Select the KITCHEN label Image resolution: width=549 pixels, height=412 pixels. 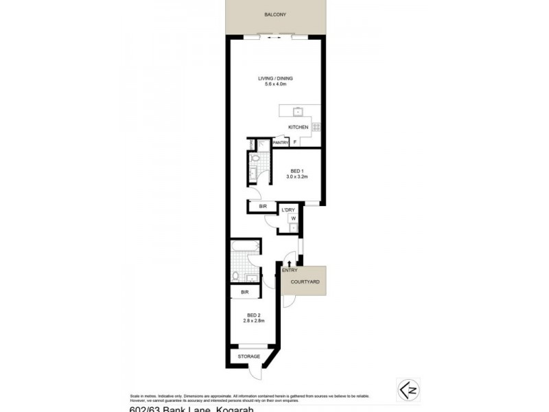click(x=298, y=128)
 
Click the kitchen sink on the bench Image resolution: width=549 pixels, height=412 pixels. click(x=297, y=111)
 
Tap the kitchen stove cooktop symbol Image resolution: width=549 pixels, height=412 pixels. click(x=316, y=126)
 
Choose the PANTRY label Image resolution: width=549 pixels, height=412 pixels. click(x=280, y=143)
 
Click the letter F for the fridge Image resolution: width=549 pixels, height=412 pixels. click(x=295, y=143)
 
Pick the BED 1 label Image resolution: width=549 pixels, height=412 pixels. click(x=296, y=170)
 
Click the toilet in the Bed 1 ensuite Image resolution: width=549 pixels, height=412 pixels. click(x=255, y=159)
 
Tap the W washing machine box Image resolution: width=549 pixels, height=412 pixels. click(x=293, y=218)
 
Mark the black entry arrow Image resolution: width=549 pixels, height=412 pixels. click(x=290, y=263)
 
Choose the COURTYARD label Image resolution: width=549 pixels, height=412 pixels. click(x=303, y=282)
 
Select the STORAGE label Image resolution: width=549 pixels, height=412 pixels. click(x=248, y=357)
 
